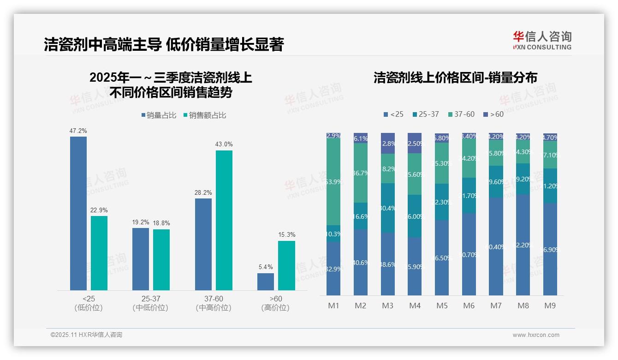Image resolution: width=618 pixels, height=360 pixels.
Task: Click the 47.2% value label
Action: pos(78,131)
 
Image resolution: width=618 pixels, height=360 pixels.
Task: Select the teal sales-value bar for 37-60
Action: pos(224,220)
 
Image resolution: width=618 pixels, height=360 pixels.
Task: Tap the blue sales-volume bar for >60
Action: pos(266,282)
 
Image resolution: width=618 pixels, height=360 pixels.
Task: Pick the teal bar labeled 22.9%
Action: pos(99,253)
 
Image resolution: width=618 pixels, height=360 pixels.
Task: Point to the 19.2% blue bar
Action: pos(141,259)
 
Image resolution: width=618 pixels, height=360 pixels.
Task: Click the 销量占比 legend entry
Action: pos(158,115)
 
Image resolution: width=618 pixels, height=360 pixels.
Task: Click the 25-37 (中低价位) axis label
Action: pos(150,303)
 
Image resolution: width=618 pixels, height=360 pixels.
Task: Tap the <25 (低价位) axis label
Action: pos(89,303)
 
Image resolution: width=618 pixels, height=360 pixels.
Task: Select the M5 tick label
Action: pos(441,306)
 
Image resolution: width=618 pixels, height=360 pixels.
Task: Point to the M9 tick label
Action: pos(549,306)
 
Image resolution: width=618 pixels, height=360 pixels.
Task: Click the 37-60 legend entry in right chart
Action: pos(461,114)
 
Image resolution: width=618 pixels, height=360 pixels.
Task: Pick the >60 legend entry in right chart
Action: pos(493,114)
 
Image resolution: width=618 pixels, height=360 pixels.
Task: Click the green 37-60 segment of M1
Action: pos(333,182)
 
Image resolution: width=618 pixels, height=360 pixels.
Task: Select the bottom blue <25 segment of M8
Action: pos(523,245)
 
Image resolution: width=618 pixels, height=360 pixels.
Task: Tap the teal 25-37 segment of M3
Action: pos(387,208)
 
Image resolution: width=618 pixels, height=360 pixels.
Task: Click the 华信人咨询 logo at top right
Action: pos(542,40)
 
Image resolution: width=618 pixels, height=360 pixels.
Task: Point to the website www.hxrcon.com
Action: pos(536,335)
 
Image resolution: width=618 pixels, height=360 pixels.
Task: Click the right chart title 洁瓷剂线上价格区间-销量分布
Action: pos(455,78)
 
